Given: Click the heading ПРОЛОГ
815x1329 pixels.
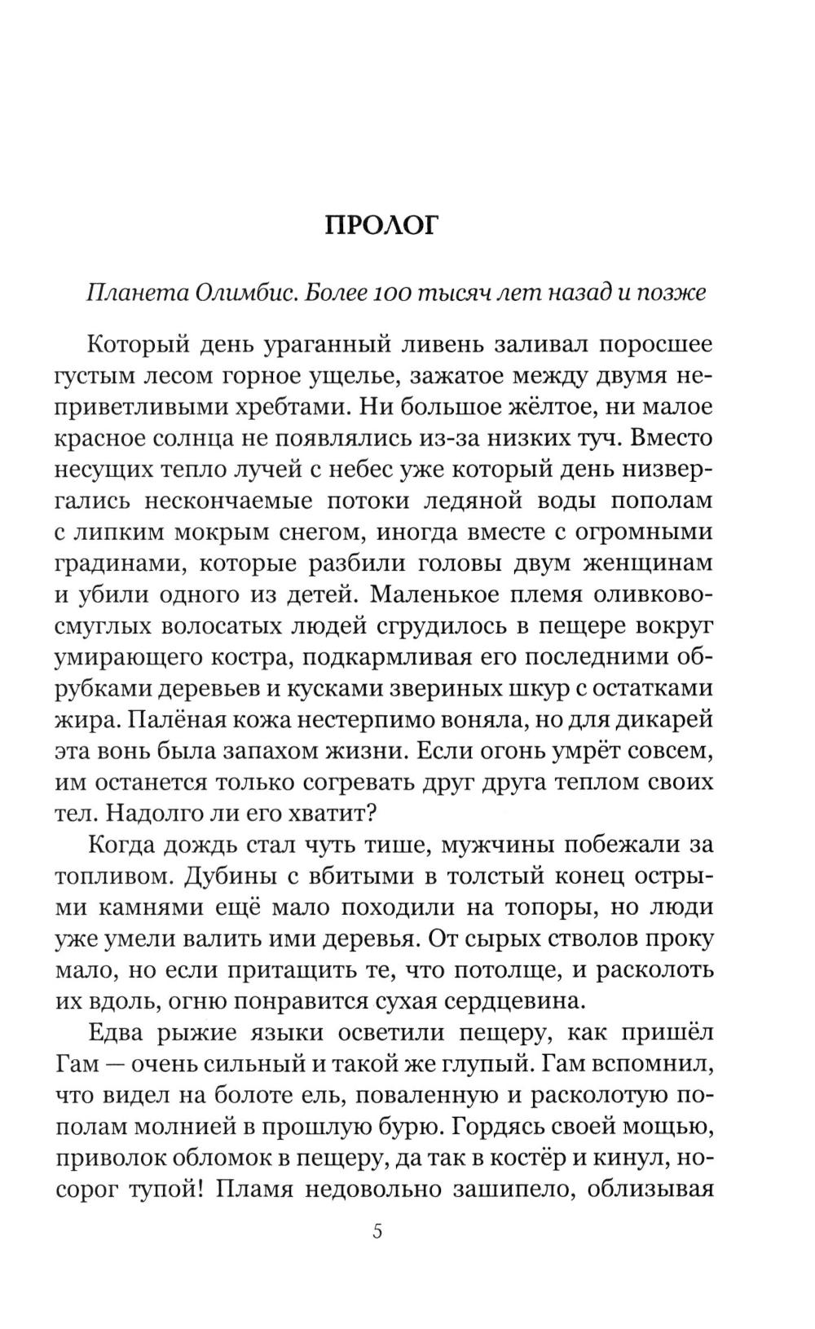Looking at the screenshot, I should click(x=381, y=225).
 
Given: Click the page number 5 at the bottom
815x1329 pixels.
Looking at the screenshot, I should click(x=377, y=1231).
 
